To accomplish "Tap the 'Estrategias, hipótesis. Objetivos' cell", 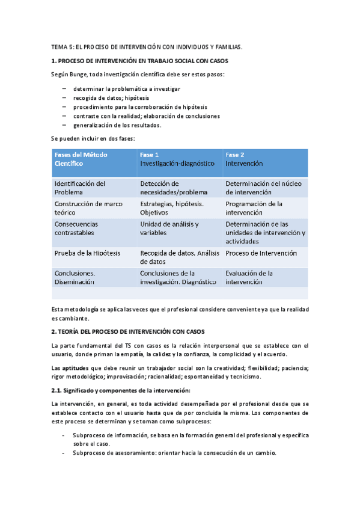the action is click(171, 208).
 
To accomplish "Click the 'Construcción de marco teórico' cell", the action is click(84, 208).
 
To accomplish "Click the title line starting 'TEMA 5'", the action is click(148, 47).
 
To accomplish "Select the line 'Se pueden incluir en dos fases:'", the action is click(93, 139).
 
